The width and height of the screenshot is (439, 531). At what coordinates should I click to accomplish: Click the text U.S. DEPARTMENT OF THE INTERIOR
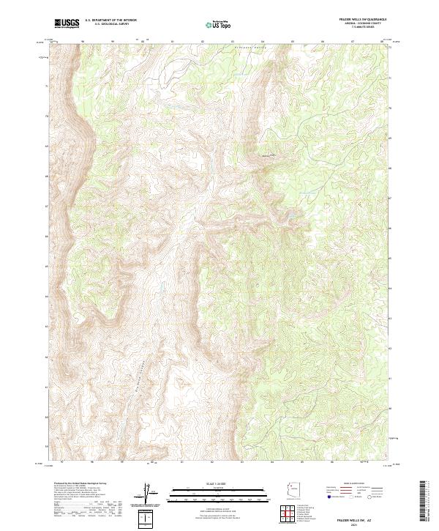click(110, 21)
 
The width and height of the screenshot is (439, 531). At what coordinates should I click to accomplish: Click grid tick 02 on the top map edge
click(203, 41)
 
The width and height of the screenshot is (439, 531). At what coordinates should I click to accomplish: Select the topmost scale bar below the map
click(219, 486)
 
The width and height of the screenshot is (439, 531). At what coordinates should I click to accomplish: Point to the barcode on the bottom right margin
click(424, 502)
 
